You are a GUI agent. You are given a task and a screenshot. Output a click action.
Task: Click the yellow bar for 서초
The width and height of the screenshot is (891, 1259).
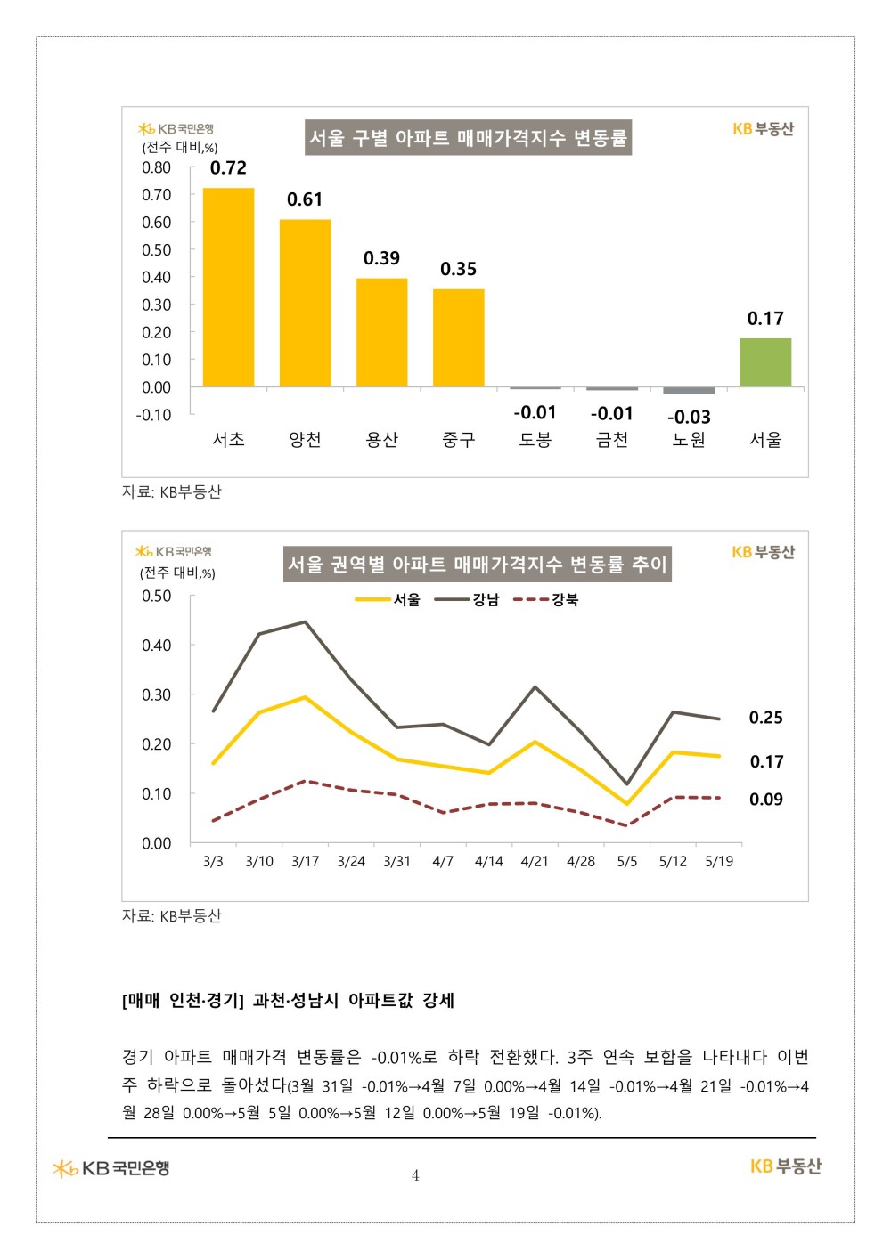point(228,288)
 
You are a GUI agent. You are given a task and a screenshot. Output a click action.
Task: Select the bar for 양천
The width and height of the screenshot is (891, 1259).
point(305,303)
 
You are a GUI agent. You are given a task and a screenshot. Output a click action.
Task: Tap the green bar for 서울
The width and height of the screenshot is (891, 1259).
point(765,362)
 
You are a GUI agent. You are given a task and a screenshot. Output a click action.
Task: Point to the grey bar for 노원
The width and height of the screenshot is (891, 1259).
point(689,391)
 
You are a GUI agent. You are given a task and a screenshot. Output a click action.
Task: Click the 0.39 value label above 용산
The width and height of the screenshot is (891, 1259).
point(381,258)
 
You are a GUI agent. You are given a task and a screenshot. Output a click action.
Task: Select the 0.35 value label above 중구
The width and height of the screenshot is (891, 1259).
point(459,269)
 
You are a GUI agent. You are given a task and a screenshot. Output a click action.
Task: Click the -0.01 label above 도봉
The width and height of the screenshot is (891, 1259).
point(535,412)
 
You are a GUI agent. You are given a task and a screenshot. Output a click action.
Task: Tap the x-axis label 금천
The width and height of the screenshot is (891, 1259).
point(612,439)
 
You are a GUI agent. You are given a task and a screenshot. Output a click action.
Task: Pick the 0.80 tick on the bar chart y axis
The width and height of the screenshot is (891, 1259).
point(157,167)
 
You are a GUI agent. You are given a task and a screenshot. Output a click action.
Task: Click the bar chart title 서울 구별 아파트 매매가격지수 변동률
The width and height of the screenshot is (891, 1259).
point(468,138)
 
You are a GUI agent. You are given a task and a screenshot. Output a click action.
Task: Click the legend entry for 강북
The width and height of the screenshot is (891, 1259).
point(545,600)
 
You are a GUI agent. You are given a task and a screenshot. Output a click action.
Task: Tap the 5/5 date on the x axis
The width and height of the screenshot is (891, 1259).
point(626,861)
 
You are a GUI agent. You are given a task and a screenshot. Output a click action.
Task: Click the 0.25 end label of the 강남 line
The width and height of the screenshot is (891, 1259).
point(765,718)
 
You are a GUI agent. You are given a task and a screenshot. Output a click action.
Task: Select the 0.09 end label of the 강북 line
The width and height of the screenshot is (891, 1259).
point(765,800)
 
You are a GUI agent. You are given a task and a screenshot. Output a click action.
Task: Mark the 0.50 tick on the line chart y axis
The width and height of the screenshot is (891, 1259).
point(157,596)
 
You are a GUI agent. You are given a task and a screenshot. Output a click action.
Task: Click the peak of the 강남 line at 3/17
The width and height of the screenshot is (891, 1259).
point(305,621)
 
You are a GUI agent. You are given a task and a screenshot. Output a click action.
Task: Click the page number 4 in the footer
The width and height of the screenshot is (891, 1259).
point(415,1175)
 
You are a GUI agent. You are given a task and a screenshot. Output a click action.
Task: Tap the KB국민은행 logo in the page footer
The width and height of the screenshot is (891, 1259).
point(110,1168)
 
